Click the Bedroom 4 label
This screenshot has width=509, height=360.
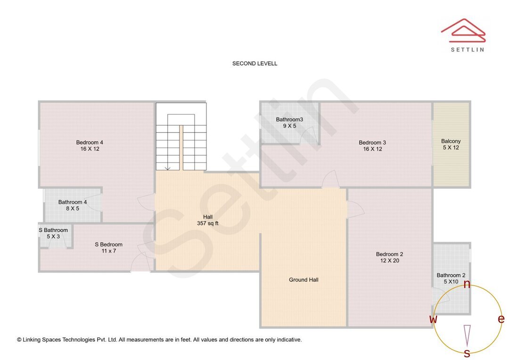pyautogui.click(x=90, y=143)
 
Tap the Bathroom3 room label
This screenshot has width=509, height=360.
pyautogui.click(x=289, y=120)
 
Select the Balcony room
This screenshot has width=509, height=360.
pyautogui.click(x=451, y=144)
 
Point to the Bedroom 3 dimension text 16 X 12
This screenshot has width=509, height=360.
pyautogui.click(x=372, y=149)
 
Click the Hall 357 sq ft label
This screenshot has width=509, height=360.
pyautogui.click(x=207, y=220)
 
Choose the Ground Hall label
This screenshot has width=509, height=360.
pyautogui.click(x=304, y=280)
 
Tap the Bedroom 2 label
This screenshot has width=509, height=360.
pyautogui.click(x=389, y=254)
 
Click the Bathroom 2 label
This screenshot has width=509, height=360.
pyautogui.click(x=451, y=275)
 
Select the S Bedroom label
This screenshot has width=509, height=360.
pyautogui.click(x=108, y=245)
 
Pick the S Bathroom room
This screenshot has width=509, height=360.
pyautogui.click(x=53, y=233)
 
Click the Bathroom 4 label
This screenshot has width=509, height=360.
pyautogui.click(x=73, y=202)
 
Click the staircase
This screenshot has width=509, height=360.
pyautogui.click(x=181, y=137)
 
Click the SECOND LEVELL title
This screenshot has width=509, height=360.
pyautogui.click(x=254, y=64)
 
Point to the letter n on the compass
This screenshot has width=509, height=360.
pyautogui.click(x=467, y=284)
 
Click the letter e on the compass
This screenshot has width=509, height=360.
pyautogui.click(x=501, y=319)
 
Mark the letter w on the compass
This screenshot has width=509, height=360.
pyautogui.click(x=433, y=319)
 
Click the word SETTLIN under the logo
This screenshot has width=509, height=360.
pyautogui.click(x=467, y=49)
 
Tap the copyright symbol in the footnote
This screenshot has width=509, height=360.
pyautogui.click(x=19, y=340)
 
